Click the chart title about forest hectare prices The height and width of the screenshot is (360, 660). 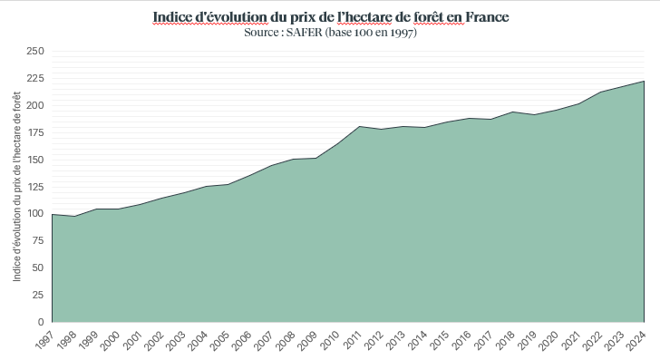click(330, 17)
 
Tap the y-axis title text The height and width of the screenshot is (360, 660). click(18, 187)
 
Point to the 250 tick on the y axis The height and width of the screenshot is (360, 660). click(35, 52)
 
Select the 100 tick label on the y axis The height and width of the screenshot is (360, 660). click(35, 214)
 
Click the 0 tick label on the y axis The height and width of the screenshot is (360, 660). click(41, 322)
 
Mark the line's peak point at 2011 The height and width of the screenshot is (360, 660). click(359, 126)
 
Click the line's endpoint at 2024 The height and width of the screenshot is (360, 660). click(644, 82)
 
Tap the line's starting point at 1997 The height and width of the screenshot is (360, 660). click(53, 215)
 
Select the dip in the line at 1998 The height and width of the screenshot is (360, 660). click(74, 217)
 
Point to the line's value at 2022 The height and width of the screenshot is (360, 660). click(600, 92)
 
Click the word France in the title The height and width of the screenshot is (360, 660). click(484, 17)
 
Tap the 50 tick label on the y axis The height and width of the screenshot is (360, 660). click(38, 268)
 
